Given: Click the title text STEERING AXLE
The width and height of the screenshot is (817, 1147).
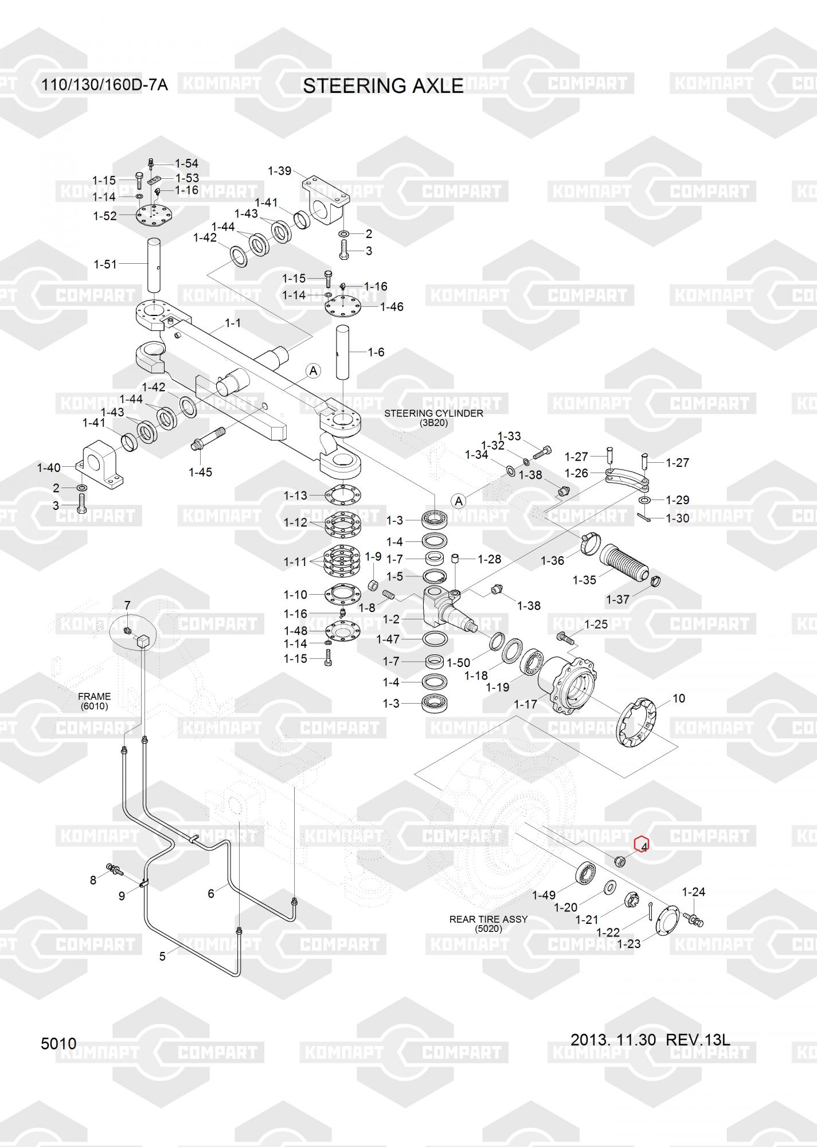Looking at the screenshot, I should (x=383, y=86).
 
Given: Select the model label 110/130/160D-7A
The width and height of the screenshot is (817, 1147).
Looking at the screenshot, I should (x=104, y=85).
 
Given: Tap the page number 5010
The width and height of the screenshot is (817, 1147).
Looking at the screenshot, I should (x=58, y=1044).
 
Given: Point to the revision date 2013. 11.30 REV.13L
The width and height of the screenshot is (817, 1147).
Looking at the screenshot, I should (x=650, y=1039).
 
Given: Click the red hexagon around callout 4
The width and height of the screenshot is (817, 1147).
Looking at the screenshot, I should (x=641, y=844).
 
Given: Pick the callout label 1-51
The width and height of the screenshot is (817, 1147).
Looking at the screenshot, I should (x=105, y=264).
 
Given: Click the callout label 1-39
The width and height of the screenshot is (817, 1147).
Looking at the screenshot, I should (x=280, y=171).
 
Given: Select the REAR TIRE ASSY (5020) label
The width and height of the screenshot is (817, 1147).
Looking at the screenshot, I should (x=488, y=923).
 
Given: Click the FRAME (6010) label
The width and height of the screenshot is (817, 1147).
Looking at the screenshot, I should (x=94, y=701).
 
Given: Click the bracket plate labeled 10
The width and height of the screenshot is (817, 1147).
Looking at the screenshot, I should (x=639, y=724).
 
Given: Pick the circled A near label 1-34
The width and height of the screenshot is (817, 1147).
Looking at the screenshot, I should (x=458, y=501).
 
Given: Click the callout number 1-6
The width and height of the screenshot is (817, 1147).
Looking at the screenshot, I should (x=376, y=352).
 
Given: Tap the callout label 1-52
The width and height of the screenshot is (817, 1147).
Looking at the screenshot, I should (x=105, y=216).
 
